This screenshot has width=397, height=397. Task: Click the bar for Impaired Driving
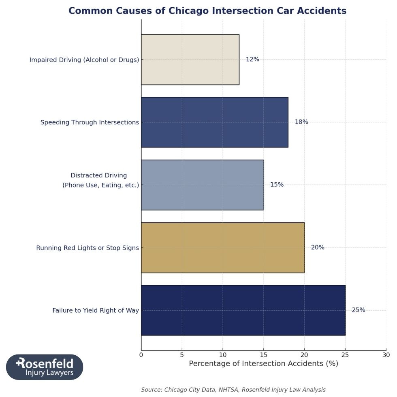tap(190, 60)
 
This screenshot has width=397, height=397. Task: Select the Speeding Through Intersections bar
tap(214, 122)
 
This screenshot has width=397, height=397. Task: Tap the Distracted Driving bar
tap(202, 185)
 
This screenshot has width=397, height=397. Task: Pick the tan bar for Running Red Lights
tap(222, 248)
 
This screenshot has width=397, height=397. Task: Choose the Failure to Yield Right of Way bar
tap(243, 310)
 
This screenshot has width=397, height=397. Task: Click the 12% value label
tap(252, 60)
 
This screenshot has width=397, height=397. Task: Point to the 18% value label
tap(301, 122)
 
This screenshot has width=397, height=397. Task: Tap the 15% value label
tap(277, 185)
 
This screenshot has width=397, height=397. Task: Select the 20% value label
tap(318, 248)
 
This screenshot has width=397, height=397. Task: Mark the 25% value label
tap(359, 310)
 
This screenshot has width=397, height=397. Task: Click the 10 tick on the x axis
tap(223, 355)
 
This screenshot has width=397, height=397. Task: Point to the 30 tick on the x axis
tap(386, 355)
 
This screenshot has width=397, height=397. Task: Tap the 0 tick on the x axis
tap(141, 355)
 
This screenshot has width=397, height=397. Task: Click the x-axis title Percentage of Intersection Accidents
tap(263, 364)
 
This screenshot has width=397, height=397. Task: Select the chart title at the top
tap(207, 11)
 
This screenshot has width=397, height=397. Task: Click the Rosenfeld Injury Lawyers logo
tap(45, 367)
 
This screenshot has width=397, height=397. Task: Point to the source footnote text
tap(233, 390)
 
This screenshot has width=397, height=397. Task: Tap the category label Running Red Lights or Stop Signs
tap(88, 248)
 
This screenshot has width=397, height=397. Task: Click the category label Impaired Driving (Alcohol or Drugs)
tap(84, 60)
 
